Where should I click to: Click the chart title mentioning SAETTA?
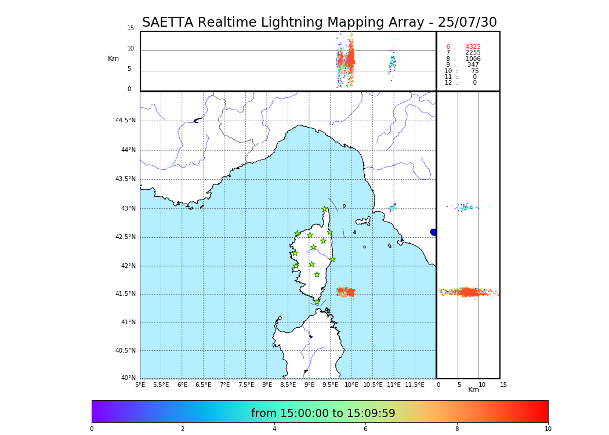(319, 23)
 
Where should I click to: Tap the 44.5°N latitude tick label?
(125, 121)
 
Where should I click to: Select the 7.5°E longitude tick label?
(246, 385)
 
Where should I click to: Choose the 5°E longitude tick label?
(140, 385)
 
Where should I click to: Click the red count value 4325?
(473, 47)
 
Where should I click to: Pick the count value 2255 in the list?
(473, 53)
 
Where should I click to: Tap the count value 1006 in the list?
(473, 59)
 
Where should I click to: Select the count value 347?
(473, 65)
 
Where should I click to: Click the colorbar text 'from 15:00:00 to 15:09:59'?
(323, 414)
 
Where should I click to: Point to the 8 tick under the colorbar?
(457, 429)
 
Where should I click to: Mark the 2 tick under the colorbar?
(183, 429)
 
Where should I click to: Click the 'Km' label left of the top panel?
(113, 59)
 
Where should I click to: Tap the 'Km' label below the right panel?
(473, 390)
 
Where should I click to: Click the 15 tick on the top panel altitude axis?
(130, 28)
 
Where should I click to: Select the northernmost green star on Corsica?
(325, 209)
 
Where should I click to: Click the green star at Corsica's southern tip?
(317, 302)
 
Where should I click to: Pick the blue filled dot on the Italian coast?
(433, 232)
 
